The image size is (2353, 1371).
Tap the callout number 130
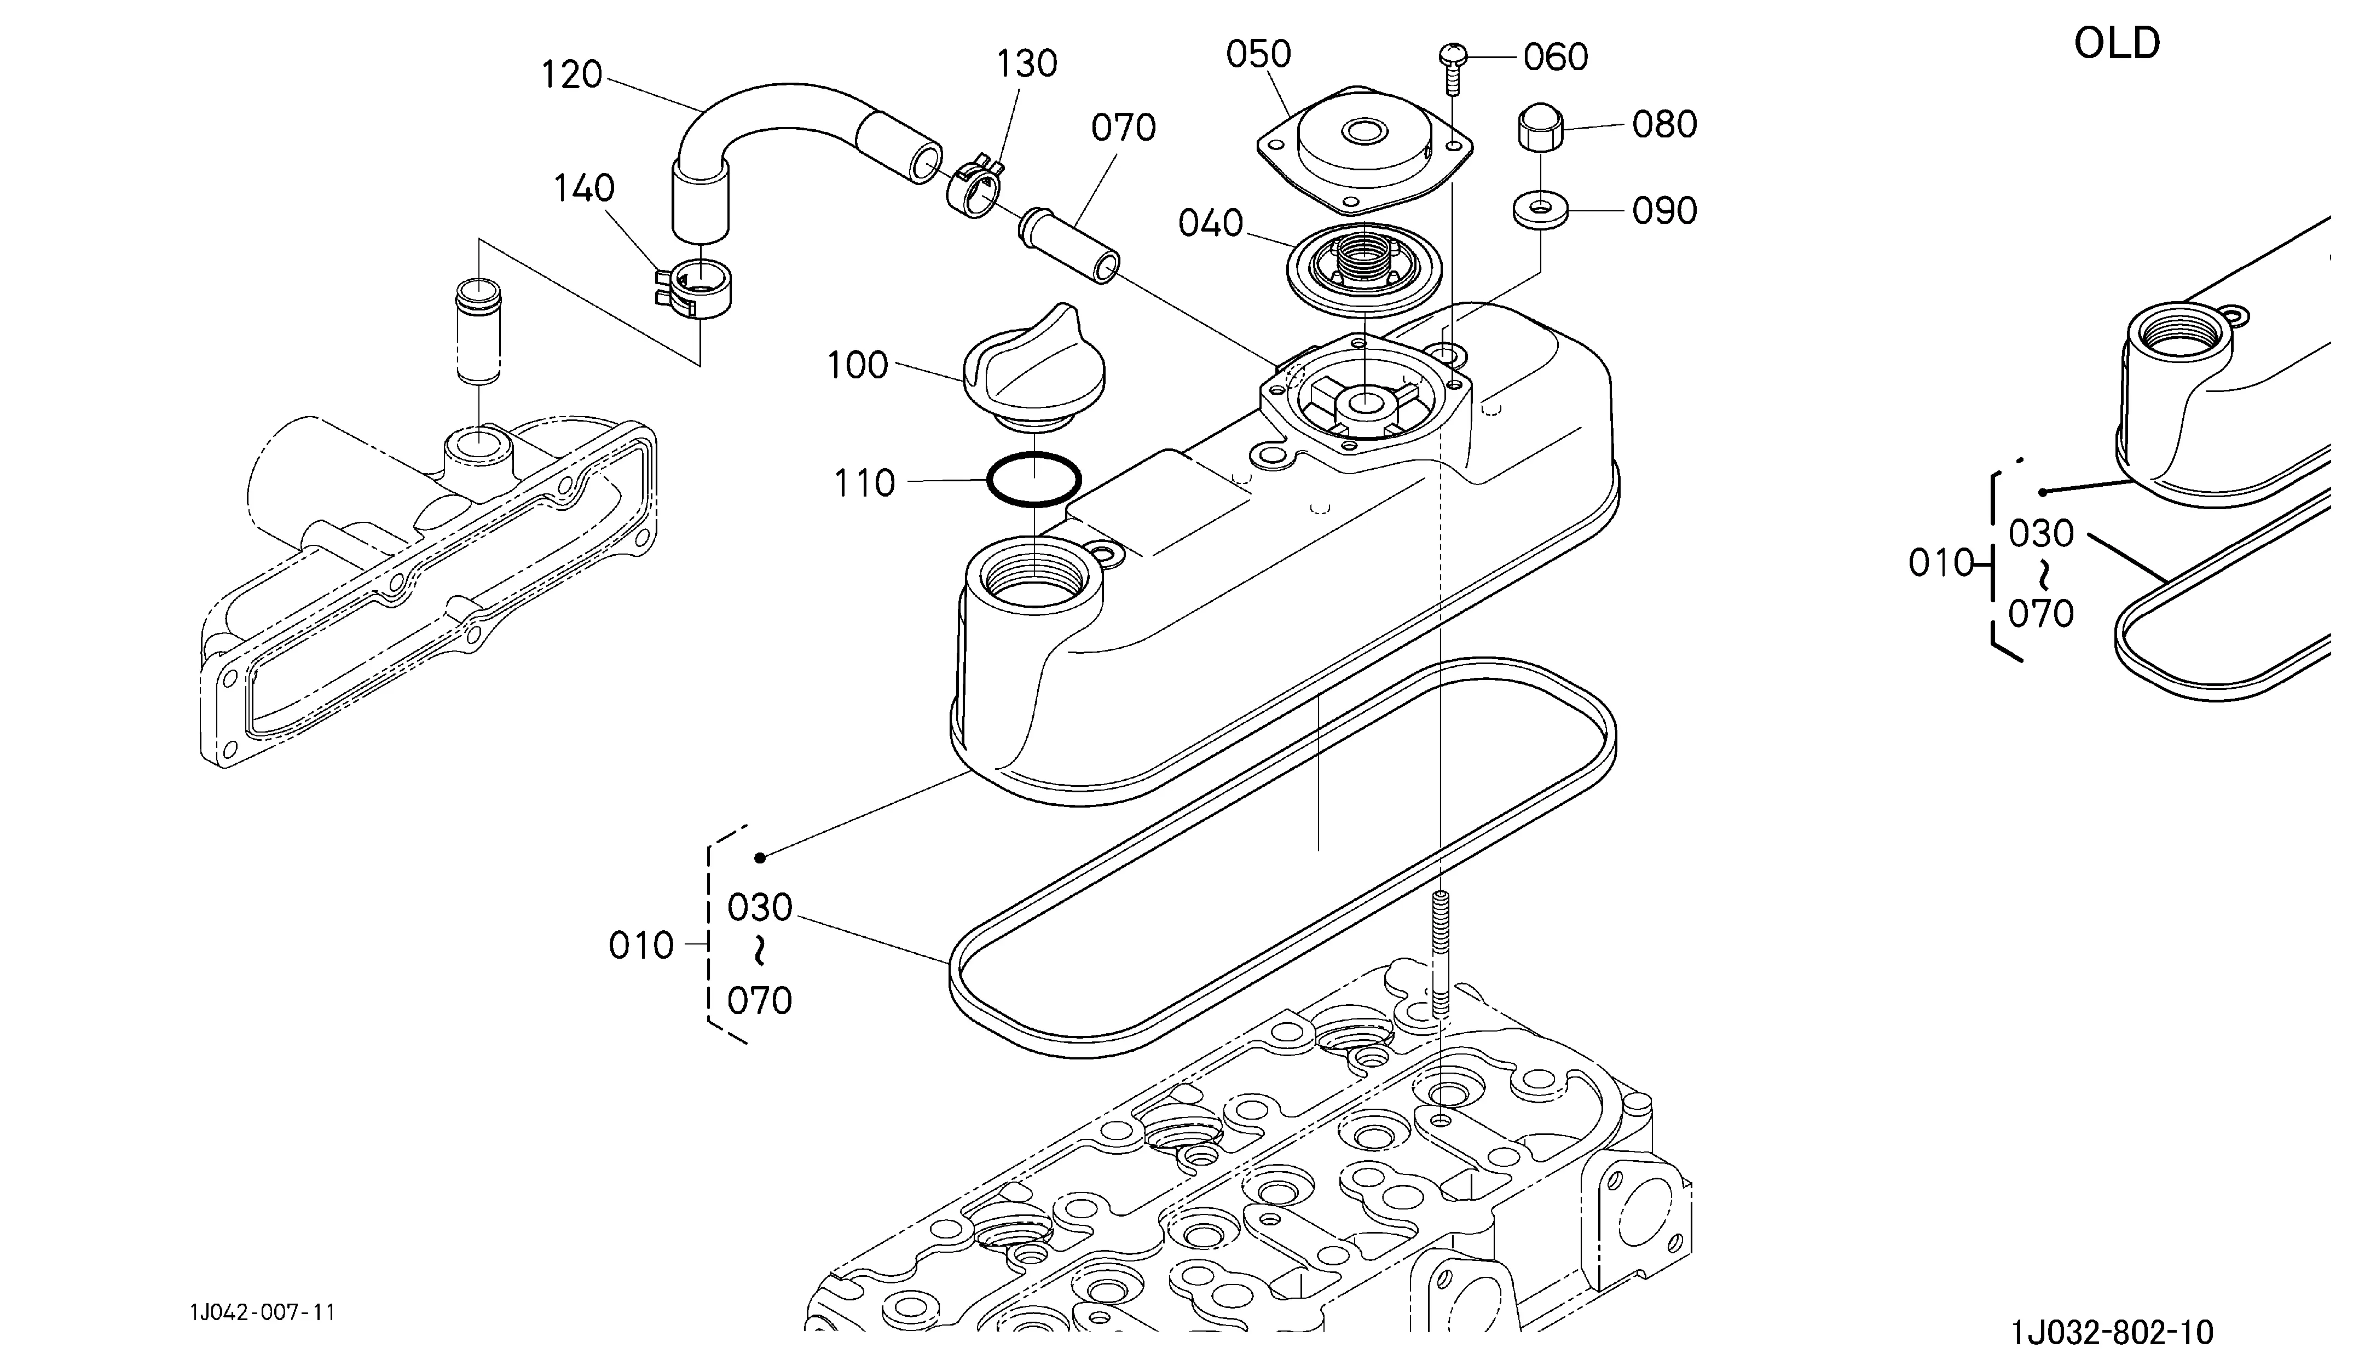1026,64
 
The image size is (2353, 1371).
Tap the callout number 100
857,365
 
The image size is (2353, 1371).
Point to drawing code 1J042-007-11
262,1312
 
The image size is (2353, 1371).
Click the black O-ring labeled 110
1033,454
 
